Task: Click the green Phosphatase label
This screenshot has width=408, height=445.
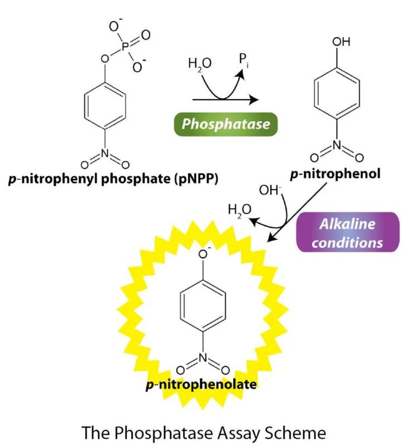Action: point(226,124)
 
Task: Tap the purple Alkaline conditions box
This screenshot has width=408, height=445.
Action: point(348,232)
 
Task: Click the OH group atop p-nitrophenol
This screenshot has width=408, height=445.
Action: point(341,42)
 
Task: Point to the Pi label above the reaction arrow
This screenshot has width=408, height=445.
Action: point(244,60)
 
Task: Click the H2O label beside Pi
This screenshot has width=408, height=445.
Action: point(200,64)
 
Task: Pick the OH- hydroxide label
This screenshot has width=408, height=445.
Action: point(269,190)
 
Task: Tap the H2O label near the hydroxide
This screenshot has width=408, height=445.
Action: point(239,210)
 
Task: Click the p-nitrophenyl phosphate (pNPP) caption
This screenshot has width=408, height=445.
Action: point(114,179)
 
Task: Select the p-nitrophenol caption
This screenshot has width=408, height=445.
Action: point(335,174)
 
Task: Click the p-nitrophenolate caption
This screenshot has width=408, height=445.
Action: point(201,385)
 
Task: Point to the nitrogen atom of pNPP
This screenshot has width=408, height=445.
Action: point(105,154)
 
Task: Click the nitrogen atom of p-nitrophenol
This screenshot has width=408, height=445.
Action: point(337,145)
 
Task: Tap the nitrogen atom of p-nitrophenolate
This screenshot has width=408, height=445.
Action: point(203,358)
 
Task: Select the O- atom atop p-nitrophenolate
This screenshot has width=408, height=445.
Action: point(203,254)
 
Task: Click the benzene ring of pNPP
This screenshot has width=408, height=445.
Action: point(105,106)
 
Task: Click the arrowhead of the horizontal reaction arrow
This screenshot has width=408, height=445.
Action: point(254,100)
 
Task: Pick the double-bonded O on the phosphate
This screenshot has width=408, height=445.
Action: point(146,35)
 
